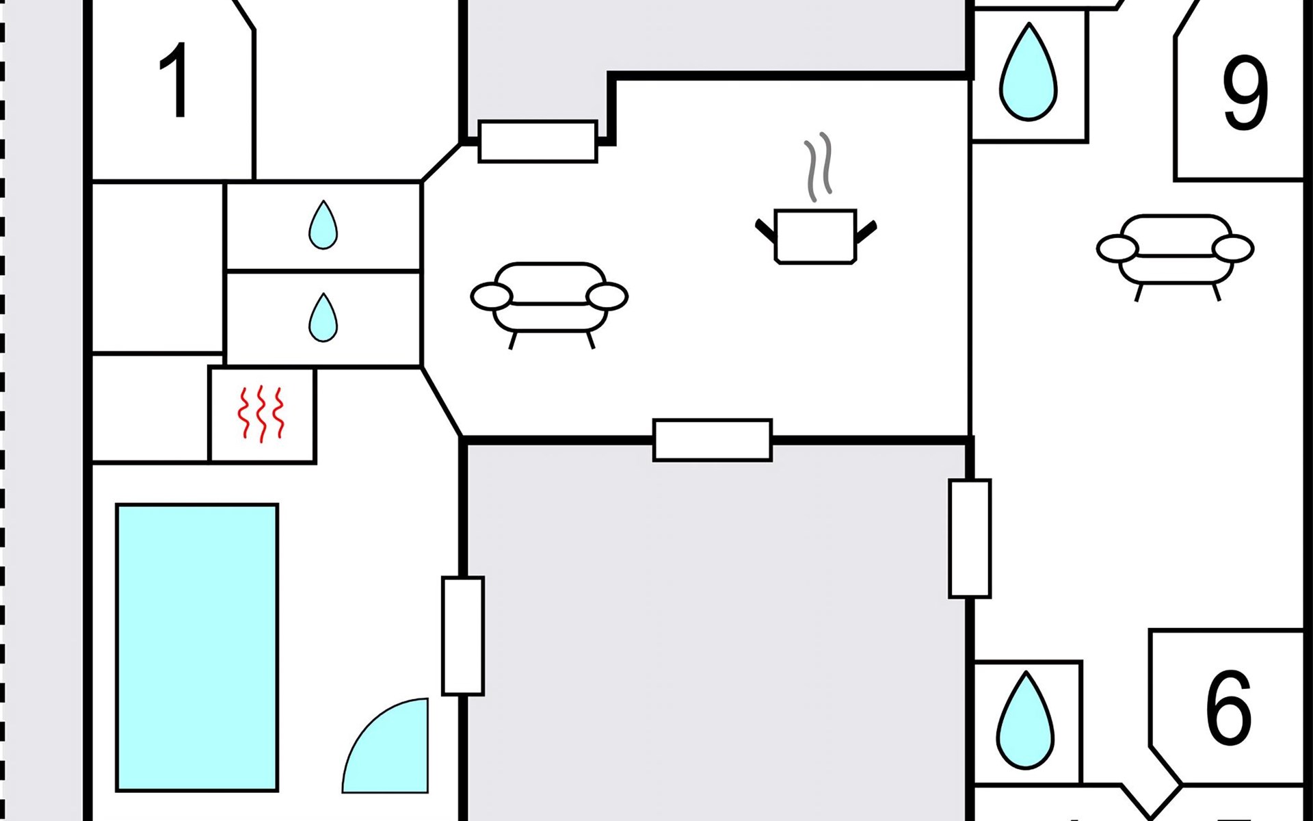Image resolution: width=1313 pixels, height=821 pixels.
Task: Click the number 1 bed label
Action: pos(174,80)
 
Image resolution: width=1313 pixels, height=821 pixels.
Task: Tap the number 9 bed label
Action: pos(1245,94)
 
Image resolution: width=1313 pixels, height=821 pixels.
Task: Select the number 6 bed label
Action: pos(1228,707)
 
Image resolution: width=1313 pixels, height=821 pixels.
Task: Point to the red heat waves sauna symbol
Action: pos(261,414)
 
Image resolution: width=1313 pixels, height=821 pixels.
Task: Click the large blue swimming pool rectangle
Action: pos(197,647)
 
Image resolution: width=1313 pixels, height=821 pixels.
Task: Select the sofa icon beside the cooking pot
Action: pos(549,301)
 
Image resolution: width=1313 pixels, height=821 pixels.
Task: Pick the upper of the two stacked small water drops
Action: pos(323,225)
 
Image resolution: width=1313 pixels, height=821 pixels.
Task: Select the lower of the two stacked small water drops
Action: pos(323,317)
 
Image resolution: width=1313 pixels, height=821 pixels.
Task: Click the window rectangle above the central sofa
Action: pos(538,142)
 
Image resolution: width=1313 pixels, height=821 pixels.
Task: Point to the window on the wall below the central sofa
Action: pos(713,440)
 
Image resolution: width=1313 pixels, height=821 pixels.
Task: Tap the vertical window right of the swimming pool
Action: pos(463,636)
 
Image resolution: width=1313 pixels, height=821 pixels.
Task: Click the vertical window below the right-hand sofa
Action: pos(970,538)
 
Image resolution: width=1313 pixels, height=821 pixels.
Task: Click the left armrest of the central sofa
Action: pos(491,296)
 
